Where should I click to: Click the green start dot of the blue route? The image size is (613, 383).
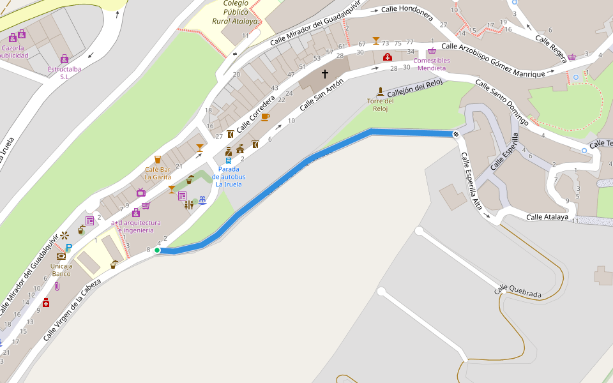(x=157, y=250)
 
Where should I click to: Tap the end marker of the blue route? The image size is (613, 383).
(x=456, y=133)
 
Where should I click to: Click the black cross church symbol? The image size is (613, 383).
(x=324, y=74)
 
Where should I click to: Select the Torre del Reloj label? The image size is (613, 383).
(x=380, y=105)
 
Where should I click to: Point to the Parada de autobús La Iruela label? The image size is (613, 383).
(x=229, y=177)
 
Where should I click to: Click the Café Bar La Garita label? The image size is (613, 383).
(x=158, y=173)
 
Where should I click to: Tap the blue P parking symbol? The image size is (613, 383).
(x=69, y=248)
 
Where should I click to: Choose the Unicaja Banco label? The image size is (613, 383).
(x=61, y=269)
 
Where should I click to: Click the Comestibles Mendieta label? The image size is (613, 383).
(x=432, y=64)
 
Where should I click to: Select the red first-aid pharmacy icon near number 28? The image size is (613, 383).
(x=387, y=57)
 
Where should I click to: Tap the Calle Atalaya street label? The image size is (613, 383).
(x=547, y=217)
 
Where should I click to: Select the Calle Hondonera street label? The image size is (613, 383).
(x=407, y=10)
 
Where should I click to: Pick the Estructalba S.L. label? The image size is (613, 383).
(x=64, y=72)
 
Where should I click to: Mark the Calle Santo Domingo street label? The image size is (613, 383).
(x=501, y=102)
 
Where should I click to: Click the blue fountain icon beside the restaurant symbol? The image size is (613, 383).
(x=202, y=200)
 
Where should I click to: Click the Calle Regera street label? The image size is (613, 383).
(x=550, y=48)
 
